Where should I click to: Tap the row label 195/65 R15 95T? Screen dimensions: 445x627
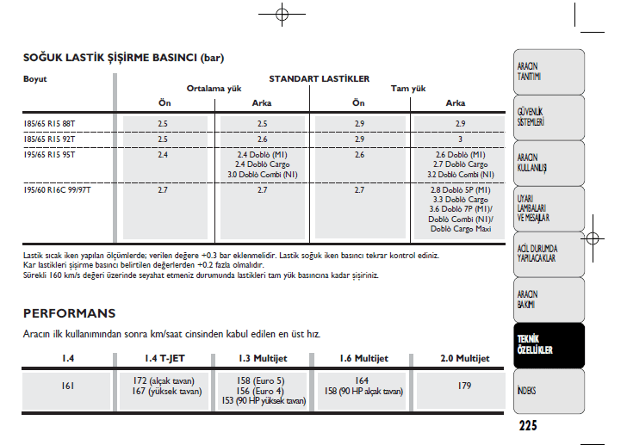click(x=49, y=155)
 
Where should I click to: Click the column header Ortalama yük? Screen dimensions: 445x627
click(x=212, y=89)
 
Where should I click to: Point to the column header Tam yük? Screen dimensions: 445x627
click(x=408, y=89)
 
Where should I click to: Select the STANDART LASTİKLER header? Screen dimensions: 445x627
click(x=319, y=78)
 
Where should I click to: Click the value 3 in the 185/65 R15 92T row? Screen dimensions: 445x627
click(x=460, y=139)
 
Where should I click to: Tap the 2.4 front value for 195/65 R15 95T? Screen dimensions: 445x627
click(x=163, y=155)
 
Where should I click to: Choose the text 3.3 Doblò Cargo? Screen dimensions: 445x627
click(x=460, y=199)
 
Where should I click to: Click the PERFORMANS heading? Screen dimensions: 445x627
click(x=69, y=313)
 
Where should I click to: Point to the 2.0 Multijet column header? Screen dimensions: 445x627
click(x=465, y=358)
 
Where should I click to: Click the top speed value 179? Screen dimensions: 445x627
click(x=465, y=386)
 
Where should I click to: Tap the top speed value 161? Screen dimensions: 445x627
click(x=68, y=386)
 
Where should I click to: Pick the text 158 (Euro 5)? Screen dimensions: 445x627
click(x=260, y=380)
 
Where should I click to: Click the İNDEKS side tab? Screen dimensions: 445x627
click(x=527, y=390)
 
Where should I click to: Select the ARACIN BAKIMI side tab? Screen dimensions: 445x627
click(x=529, y=299)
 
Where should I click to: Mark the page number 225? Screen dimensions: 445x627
click(x=528, y=425)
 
